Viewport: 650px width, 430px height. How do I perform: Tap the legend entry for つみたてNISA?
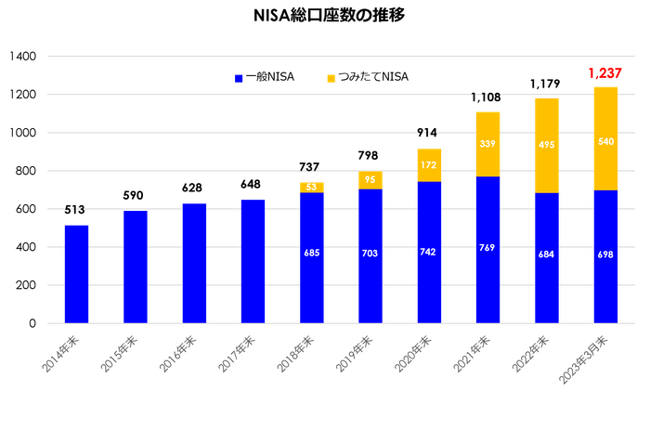(x=368, y=78)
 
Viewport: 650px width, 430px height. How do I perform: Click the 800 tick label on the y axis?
(x=26, y=172)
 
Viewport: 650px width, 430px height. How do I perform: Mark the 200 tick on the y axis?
(x=26, y=286)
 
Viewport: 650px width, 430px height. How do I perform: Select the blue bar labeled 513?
(x=76, y=273)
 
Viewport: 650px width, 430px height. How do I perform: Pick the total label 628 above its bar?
(x=193, y=189)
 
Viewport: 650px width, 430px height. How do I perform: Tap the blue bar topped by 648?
(x=253, y=261)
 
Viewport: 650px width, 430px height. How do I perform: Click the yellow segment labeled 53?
(x=312, y=187)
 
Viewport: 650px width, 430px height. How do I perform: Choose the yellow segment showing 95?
(x=370, y=179)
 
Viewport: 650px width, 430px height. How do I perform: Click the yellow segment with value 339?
(x=487, y=143)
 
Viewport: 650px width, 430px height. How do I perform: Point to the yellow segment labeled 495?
(x=546, y=145)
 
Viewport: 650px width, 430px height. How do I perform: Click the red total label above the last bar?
(x=604, y=72)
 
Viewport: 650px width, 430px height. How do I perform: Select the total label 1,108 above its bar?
(x=487, y=97)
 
